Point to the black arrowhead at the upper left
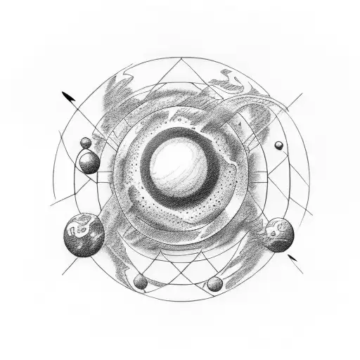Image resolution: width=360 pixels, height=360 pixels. pos(67,94)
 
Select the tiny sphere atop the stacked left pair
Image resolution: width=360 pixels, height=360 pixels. pos(85,143)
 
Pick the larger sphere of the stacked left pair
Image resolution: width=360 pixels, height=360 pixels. pos(89,163)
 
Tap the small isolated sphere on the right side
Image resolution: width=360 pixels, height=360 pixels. pos(279,146)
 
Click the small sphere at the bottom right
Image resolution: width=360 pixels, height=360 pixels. pos(214,284)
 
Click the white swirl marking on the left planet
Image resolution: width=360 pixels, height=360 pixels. pos(78,228)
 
